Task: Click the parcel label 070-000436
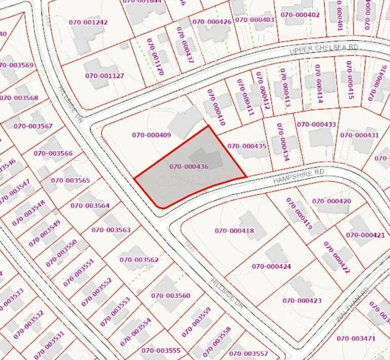click(x=189, y=167)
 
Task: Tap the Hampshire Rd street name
click(x=299, y=177)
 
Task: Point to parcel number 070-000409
click(x=151, y=135)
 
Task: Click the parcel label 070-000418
click(x=234, y=231)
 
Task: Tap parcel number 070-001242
click(x=88, y=22)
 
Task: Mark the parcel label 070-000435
click(x=247, y=146)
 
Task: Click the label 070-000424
click(x=271, y=266)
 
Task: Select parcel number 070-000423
click(x=302, y=301)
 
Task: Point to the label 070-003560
click(x=171, y=296)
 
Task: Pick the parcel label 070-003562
click(x=139, y=260)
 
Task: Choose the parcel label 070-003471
click(x=356, y=338)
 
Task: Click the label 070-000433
click(x=316, y=124)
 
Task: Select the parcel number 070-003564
click(x=90, y=206)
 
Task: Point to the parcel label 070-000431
click(x=360, y=135)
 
